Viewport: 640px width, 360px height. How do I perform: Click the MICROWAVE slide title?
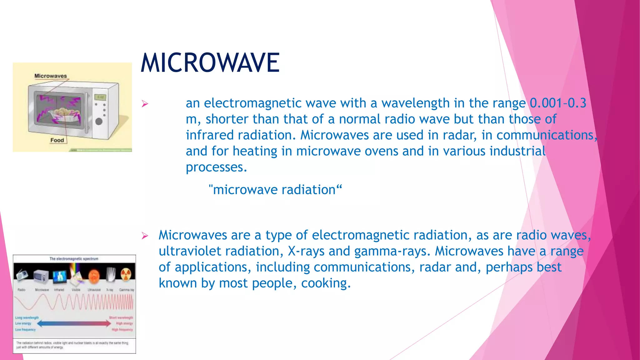[x=210, y=63]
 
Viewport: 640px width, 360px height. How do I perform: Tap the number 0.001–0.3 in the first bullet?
[x=558, y=103]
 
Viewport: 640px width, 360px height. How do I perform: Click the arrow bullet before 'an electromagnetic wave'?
[x=144, y=103]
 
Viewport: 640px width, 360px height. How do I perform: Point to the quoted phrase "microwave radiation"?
[x=275, y=190]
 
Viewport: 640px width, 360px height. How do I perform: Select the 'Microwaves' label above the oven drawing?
[x=51, y=76]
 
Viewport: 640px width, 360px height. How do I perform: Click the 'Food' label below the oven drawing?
[x=57, y=140]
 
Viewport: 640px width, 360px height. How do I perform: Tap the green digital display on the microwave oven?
[x=100, y=97]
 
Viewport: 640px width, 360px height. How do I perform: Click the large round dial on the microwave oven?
[x=99, y=121]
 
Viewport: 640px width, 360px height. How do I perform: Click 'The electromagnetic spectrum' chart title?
[x=74, y=259]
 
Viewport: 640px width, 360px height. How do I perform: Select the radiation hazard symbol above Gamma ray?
[x=126, y=275]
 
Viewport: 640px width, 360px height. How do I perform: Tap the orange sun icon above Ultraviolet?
[x=94, y=276]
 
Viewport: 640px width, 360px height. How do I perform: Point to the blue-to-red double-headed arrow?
[x=74, y=323]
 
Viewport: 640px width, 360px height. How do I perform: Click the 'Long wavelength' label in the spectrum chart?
[x=27, y=317]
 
